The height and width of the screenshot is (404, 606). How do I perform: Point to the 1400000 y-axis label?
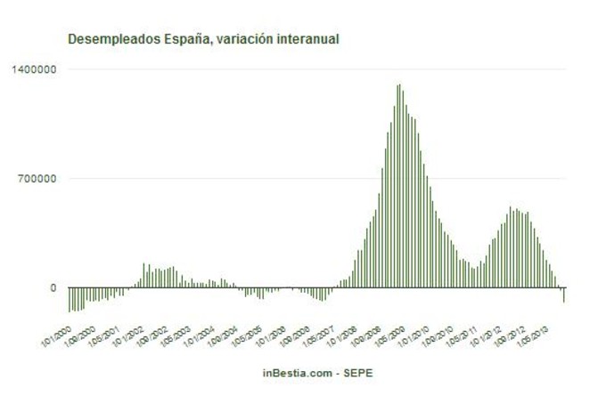(35, 69)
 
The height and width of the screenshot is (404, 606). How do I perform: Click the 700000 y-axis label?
(38, 179)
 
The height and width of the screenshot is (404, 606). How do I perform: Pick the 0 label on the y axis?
(53, 288)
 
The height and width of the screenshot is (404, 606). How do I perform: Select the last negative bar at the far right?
(564, 295)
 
